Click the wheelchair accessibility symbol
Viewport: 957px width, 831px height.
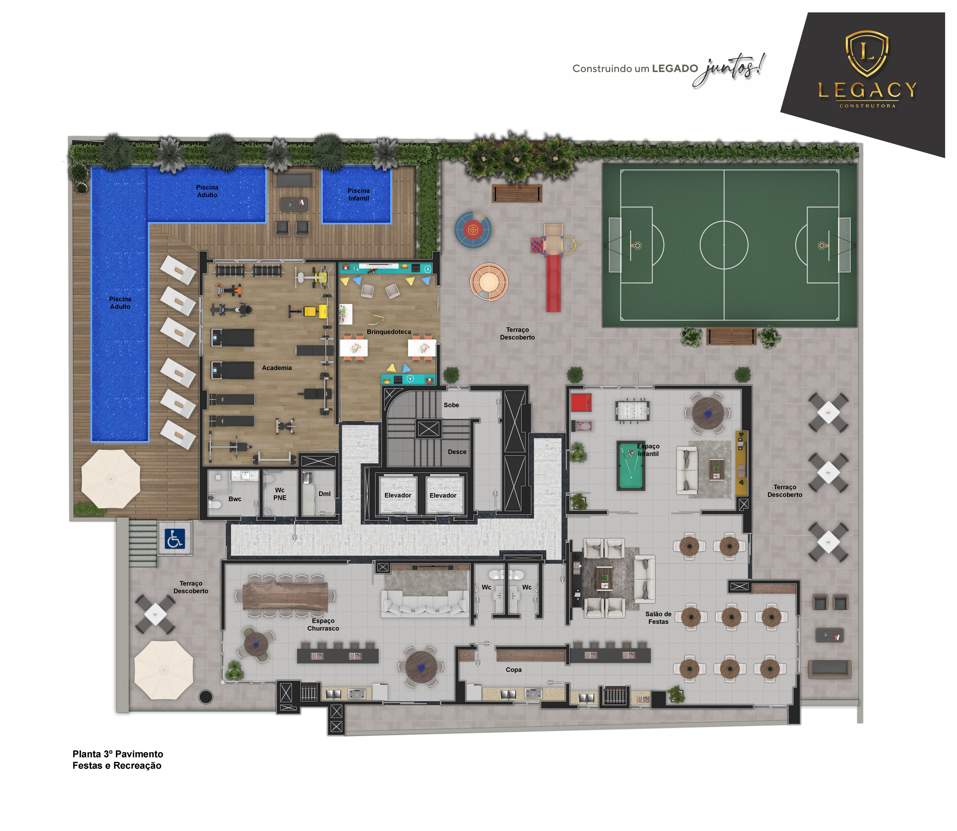(175, 538)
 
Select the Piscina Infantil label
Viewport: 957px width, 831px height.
(358, 194)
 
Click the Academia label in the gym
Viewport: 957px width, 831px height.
(277, 368)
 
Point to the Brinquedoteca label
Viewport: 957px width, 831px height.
(389, 332)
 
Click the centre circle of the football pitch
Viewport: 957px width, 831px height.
(724, 245)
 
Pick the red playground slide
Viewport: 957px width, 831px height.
(553, 283)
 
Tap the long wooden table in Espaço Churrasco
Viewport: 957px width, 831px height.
(285, 596)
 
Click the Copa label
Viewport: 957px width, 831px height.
(514, 670)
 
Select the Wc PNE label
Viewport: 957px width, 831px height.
(280, 494)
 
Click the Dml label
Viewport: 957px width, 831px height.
(324, 494)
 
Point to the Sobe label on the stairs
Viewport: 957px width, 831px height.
(451, 405)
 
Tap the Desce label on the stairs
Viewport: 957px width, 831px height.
(457, 452)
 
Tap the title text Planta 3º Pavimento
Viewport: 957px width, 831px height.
(118, 754)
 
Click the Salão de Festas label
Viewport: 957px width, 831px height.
(658, 618)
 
